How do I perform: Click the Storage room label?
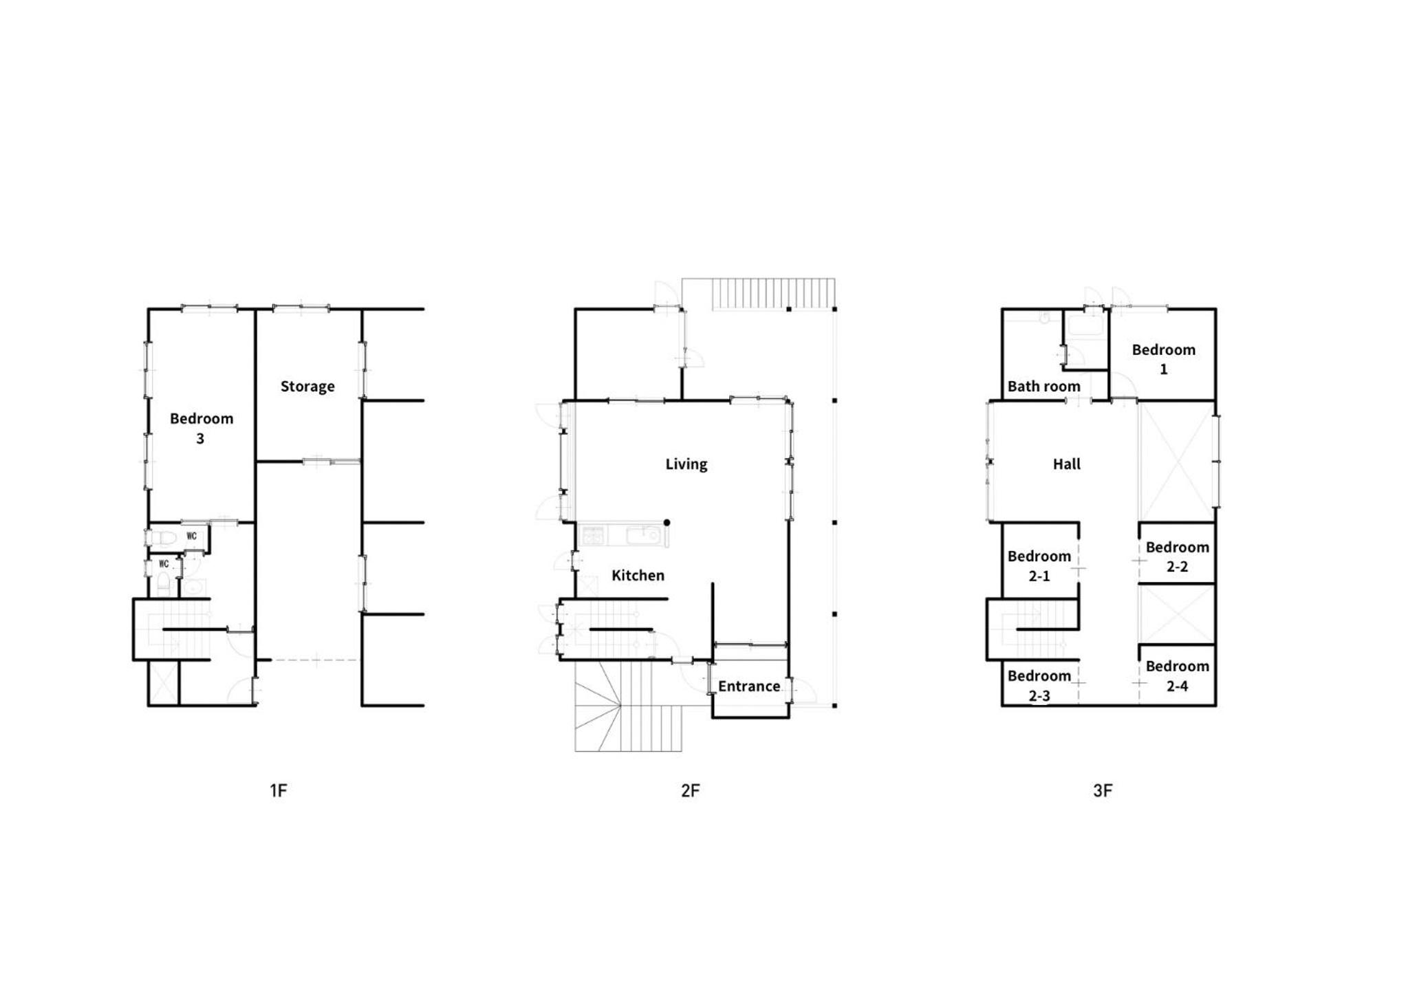click(x=307, y=387)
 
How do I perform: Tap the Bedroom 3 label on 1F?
click(x=201, y=428)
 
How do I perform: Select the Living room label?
click(x=686, y=464)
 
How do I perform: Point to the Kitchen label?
click(x=638, y=575)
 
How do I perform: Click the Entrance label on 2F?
click(x=749, y=686)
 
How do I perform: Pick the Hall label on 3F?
click(x=1066, y=464)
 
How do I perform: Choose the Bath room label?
click(x=1043, y=387)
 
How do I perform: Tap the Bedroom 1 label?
click(x=1163, y=359)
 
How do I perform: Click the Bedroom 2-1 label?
click(x=1039, y=565)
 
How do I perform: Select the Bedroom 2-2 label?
click(x=1177, y=556)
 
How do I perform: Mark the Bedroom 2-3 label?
click(x=1039, y=685)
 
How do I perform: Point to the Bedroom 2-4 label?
click(x=1177, y=675)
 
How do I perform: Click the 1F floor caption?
click(x=278, y=790)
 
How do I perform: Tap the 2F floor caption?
click(x=690, y=790)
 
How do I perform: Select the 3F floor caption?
click(x=1102, y=790)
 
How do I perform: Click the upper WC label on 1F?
click(x=191, y=536)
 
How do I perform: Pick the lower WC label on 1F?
click(x=163, y=564)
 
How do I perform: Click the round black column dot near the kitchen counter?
click(x=667, y=523)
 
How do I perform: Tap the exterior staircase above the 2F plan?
click(x=774, y=294)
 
